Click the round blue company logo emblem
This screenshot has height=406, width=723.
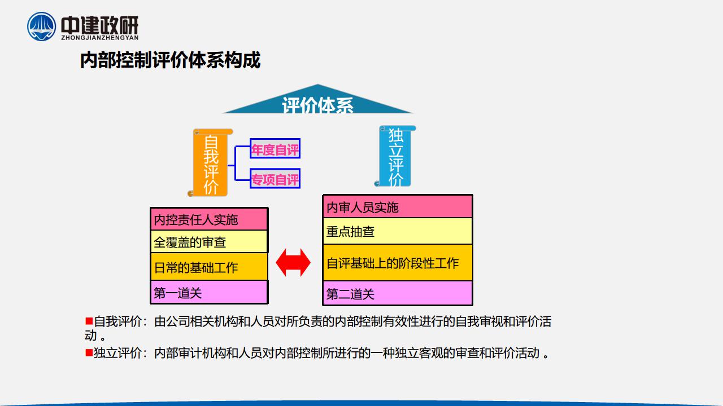coord(41,27)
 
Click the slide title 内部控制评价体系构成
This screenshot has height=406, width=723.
coord(170,60)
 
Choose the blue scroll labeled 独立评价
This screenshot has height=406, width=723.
coord(395,156)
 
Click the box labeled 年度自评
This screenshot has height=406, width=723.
coord(275,148)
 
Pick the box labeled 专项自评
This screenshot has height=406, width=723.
coord(275,179)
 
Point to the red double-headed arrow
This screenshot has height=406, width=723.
coord(293,263)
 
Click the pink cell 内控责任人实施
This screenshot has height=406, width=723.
coord(209,219)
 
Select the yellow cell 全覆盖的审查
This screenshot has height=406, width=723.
coord(209,242)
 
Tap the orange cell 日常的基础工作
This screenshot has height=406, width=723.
coord(209,267)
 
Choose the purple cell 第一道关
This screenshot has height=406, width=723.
coord(209,292)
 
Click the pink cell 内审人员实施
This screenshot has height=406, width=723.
coord(398,206)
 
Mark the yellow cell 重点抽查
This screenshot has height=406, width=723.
coord(398,231)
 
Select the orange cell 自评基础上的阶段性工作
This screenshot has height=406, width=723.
coord(398,263)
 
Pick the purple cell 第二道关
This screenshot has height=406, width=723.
coord(398,293)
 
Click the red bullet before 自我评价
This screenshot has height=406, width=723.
coord(89,321)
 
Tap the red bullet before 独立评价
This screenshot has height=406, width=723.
coord(89,352)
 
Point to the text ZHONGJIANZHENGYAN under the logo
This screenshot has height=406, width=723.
coord(100,37)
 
